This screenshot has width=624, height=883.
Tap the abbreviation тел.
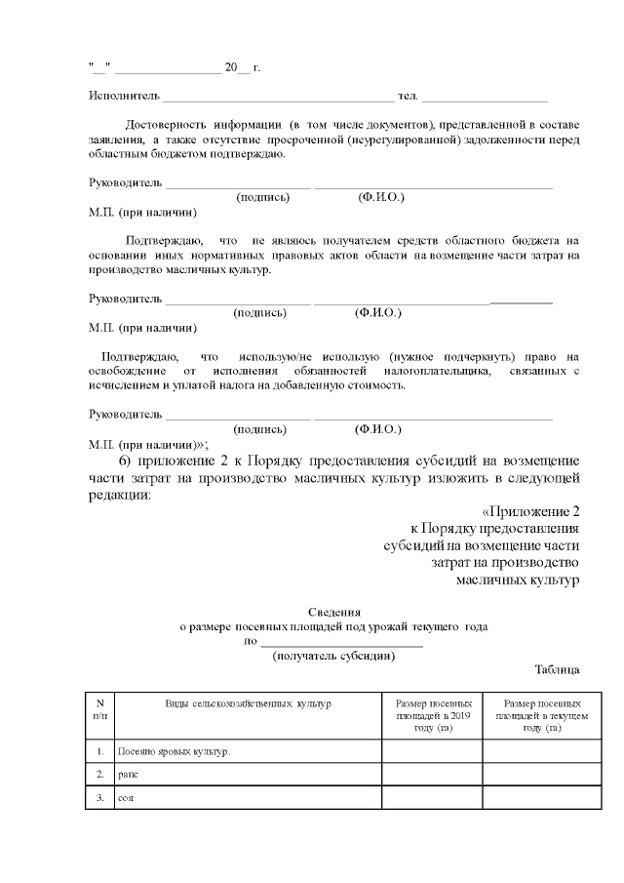409,98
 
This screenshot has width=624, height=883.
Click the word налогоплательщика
450,372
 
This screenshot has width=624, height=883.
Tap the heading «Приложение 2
531,511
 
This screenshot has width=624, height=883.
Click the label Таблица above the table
558,670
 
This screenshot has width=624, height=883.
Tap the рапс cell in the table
128,775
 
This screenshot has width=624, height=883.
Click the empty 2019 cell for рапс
432,775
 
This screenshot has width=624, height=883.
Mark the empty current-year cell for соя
533,798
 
